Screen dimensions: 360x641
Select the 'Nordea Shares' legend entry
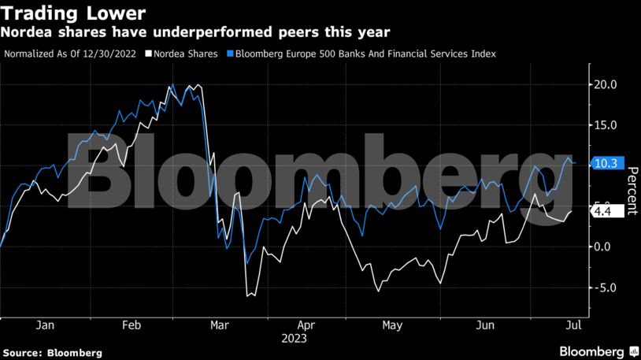coord(190,54)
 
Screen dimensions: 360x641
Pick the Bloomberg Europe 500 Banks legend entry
coord(365,54)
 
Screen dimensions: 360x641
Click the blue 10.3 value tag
coord(609,164)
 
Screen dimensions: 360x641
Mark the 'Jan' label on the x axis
coord(45,325)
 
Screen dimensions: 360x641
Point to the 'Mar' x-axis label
coord(220,325)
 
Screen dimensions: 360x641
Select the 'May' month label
coord(391,325)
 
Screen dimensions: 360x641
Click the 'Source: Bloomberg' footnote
coord(52,352)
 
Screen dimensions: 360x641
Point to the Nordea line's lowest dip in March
coord(248,296)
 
